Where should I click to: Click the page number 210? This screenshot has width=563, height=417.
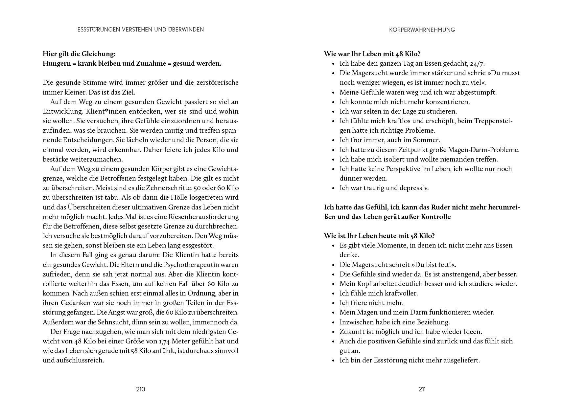140,389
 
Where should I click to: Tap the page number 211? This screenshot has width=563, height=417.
422,389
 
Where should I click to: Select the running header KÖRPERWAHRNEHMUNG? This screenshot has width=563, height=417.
422,30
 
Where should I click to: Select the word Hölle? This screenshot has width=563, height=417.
168,198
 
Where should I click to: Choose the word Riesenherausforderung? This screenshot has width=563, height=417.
203,217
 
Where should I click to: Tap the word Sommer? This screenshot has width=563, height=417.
429,140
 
